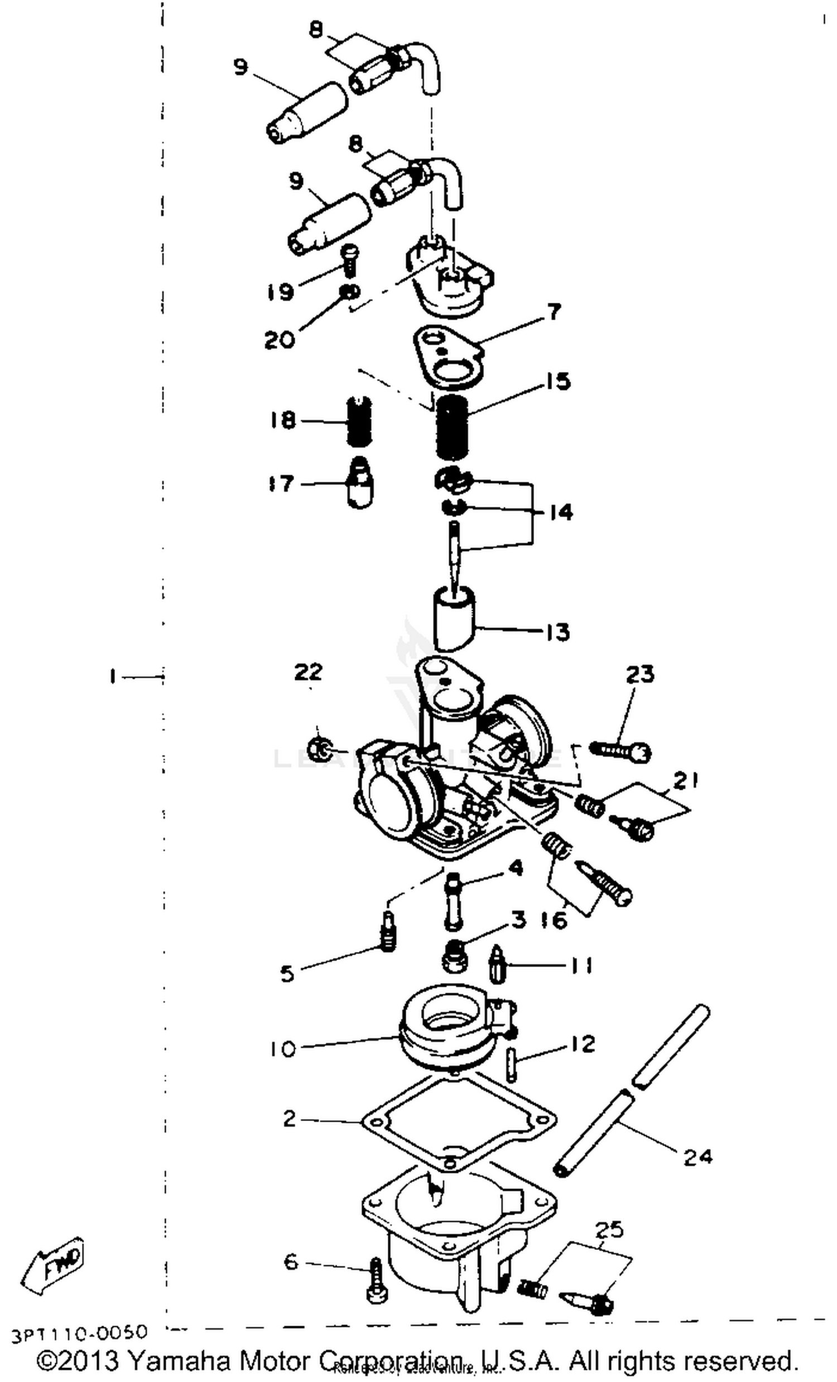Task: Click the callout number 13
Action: pos(557,632)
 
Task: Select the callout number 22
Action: pos(309,671)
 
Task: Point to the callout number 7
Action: pos(553,312)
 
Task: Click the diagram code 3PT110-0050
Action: pos(79,1332)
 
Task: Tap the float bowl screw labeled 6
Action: pos(376,1284)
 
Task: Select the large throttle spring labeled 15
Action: pos(451,426)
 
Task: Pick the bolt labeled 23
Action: pos(620,750)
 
